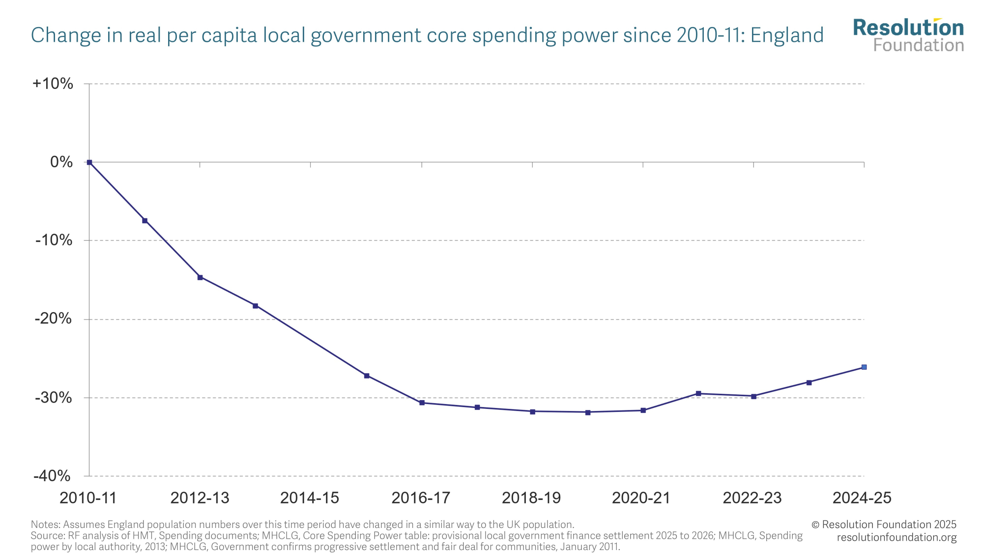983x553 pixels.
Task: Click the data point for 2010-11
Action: [x=89, y=162]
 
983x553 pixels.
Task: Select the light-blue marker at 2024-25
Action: [x=864, y=367]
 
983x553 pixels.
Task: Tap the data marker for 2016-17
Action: [x=422, y=403]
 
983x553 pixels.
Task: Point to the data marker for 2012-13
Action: [x=200, y=277]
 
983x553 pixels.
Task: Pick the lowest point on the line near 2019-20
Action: [x=588, y=412]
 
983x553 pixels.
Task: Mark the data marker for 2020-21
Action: [x=643, y=410]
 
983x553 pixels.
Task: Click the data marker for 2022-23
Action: [x=753, y=396]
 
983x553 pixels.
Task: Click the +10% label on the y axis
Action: [x=53, y=84]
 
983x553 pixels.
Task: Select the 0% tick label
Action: [x=61, y=162]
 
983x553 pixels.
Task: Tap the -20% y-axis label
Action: [x=53, y=319]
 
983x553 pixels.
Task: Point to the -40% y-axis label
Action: [x=52, y=476]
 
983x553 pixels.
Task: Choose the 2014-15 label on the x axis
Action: [x=310, y=498]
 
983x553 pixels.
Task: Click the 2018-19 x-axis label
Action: [x=531, y=498]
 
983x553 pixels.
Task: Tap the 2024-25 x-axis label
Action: [x=862, y=498]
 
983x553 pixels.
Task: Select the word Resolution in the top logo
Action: [x=908, y=28]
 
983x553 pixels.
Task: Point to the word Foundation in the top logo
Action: [x=919, y=46]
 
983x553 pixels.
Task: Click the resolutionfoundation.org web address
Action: [x=896, y=537]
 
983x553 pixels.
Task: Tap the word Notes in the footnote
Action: [x=45, y=524]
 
